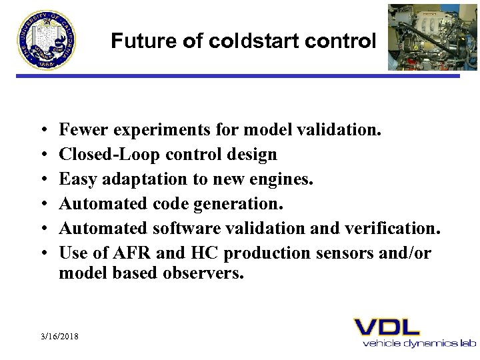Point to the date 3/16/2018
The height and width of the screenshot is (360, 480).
tap(59, 337)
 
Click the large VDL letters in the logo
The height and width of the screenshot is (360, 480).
tap(387, 327)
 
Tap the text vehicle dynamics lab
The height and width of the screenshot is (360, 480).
tap(419, 343)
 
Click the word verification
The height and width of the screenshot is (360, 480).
tap(396, 229)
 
